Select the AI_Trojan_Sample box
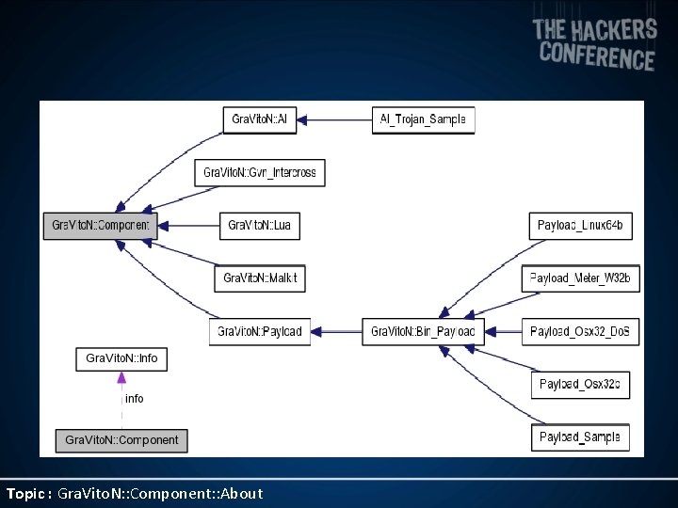click(423, 119)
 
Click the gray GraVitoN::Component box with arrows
click(100, 226)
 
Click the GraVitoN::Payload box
click(260, 331)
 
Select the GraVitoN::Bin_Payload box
click(423, 331)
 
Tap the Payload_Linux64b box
click(580, 226)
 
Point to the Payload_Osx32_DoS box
click(581, 331)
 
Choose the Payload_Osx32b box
click(580, 384)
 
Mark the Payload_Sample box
click(580, 437)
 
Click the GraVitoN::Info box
click(121, 358)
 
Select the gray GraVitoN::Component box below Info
click(121, 439)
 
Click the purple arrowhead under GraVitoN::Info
click(121, 377)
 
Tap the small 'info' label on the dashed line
click(135, 399)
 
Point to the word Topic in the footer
click(26, 493)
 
